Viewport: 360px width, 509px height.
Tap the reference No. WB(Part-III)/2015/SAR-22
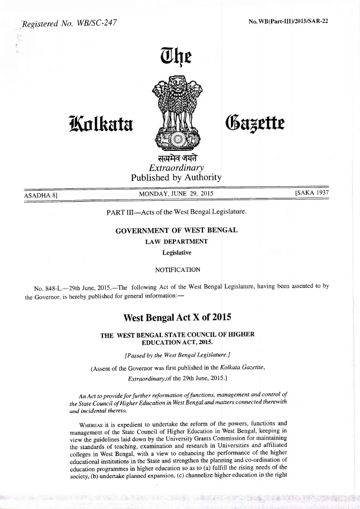[288, 22]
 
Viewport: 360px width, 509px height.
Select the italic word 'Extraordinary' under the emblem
[176, 168]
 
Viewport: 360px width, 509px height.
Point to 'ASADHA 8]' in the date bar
[41, 195]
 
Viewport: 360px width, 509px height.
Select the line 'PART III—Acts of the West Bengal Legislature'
[177, 211]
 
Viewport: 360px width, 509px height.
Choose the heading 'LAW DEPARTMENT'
[177, 241]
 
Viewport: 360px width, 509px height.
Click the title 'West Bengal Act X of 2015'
[177, 317]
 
